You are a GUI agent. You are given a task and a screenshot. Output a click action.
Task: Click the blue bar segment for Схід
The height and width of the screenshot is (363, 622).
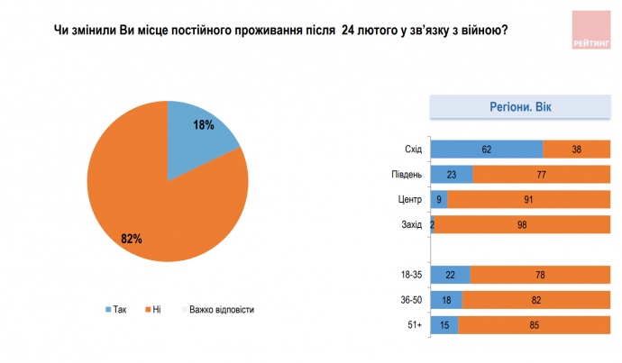487,150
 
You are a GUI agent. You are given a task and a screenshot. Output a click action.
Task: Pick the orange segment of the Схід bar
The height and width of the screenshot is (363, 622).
577,150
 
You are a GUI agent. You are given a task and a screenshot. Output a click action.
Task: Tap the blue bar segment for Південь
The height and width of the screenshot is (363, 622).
452,175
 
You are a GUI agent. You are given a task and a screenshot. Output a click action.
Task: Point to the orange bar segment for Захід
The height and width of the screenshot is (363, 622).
523,224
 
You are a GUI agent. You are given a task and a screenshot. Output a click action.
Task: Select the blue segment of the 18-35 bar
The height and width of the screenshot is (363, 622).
451,274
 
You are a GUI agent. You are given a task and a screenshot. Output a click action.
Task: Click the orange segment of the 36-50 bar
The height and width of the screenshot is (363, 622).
536,299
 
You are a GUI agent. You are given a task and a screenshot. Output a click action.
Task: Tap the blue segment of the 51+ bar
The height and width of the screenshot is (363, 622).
444,323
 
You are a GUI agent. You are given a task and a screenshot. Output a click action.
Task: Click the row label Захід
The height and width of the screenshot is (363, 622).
410,224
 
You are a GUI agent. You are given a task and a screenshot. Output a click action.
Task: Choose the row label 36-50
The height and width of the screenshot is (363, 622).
410,299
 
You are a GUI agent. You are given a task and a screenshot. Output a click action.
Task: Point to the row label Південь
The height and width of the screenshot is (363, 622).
407,175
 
